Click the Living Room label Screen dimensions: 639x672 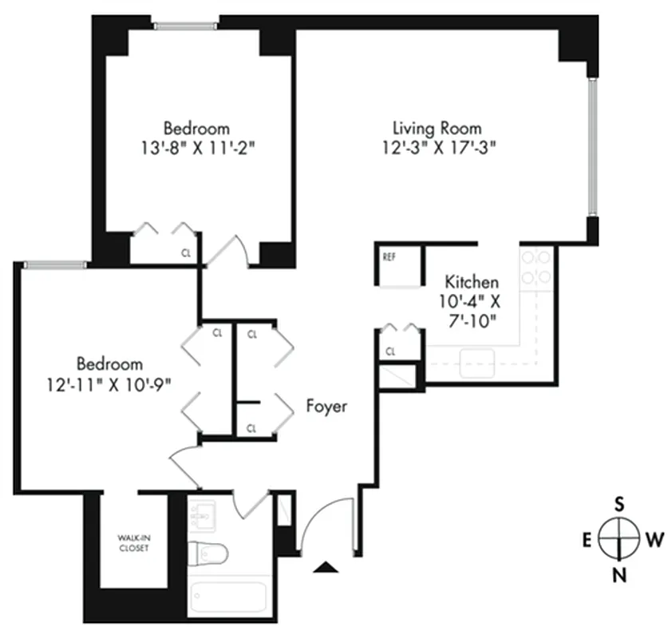click(437, 128)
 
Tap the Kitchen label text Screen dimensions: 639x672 click(472, 282)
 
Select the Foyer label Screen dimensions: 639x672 click(327, 407)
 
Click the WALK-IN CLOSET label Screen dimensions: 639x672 click(132, 544)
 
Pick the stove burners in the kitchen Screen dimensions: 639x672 click(536, 267)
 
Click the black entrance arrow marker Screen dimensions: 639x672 click(324, 568)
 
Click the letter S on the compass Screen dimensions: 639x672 click(619, 503)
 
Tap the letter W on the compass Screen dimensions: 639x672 click(654, 539)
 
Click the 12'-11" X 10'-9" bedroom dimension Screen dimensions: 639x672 click(109, 383)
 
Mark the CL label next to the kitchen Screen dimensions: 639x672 click(391, 351)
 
